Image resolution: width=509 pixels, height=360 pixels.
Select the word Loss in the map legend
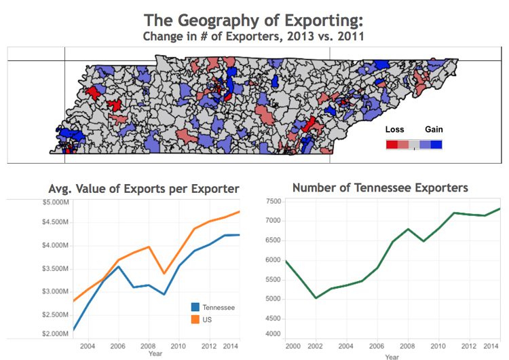(394, 130)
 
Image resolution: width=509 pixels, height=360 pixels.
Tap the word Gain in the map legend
(434, 130)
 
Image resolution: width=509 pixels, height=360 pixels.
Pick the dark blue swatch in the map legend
(436, 144)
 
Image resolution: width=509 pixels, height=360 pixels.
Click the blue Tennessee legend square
(196, 308)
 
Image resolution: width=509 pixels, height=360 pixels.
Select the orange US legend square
(196, 319)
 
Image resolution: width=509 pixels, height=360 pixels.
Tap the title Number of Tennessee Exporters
(379, 187)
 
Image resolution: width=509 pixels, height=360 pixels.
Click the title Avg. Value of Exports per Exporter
(144, 188)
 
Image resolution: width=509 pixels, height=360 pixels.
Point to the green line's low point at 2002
(315, 298)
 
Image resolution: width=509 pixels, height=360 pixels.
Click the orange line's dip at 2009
(164, 273)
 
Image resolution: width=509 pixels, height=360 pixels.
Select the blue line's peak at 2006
(119, 266)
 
